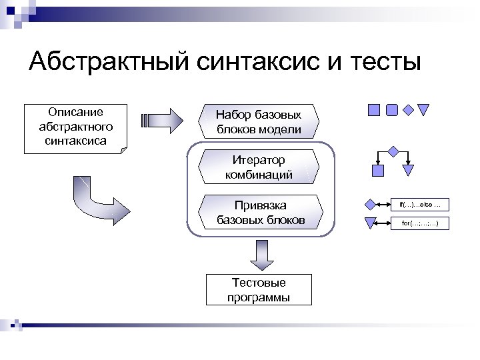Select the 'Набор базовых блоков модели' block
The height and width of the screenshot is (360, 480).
[x=258, y=122]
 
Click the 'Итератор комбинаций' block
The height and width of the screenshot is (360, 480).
[x=258, y=167]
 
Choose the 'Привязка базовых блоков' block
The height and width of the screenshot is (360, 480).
[x=261, y=211]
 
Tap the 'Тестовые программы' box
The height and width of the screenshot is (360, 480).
[x=259, y=290]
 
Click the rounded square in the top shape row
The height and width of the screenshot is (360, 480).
[x=392, y=109]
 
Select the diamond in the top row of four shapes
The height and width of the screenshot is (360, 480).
[x=408, y=110]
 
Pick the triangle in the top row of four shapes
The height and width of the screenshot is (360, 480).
[x=423, y=110]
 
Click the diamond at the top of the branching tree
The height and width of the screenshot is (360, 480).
[x=393, y=151]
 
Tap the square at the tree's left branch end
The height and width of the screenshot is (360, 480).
[x=378, y=171]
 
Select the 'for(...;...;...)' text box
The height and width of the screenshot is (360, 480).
[x=420, y=223]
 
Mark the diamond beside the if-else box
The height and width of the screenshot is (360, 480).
[x=370, y=204]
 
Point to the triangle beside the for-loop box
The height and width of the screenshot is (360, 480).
[x=370, y=223]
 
